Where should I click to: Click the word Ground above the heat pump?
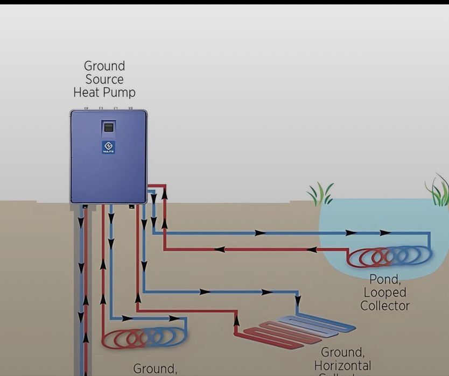pyautogui.click(x=104, y=66)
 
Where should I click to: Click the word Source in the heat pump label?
pyautogui.click(x=104, y=80)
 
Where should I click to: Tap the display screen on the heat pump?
pyautogui.click(x=108, y=128)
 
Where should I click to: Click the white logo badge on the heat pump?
pyautogui.click(x=108, y=147)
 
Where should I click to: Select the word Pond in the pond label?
pyautogui.click(x=384, y=280)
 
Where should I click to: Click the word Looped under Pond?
pyautogui.click(x=384, y=293)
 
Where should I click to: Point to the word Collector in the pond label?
pyautogui.click(x=384, y=306)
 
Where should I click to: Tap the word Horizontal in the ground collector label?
pyautogui.click(x=342, y=366)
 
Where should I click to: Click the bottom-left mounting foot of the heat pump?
pyautogui.click(x=85, y=206)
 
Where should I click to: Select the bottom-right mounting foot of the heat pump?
pyautogui.click(x=131, y=206)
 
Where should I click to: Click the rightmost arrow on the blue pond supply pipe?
pyautogui.click(x=385, y=233)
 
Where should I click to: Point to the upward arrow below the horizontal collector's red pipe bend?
pyautogui.click(x=236, y=322)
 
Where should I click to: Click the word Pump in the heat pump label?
pyautogui.click(x=122, y=93)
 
